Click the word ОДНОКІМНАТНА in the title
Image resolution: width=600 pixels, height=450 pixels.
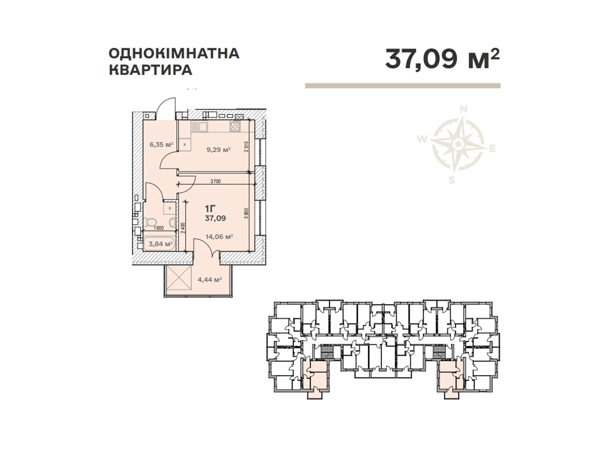click(x=174, y=53)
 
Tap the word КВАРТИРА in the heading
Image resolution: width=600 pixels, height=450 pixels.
click(x=150, y=70)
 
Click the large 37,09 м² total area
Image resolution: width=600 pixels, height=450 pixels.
click(x=442, y=59)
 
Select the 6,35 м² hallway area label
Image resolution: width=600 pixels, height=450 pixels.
click(x=161, y=144)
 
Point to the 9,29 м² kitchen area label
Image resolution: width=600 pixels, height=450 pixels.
click(x=218, y=150)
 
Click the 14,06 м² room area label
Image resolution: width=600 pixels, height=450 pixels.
click(x=219, y=237)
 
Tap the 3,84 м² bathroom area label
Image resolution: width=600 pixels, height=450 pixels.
click(x=160, y=244)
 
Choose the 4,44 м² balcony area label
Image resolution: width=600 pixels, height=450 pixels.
click(x=210, y=279)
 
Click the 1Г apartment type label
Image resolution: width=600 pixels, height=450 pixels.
click(x=210, y=208)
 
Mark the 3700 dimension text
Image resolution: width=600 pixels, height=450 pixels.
click(x=216, y=181)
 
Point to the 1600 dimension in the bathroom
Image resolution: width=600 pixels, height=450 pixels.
click(x=159, y=228)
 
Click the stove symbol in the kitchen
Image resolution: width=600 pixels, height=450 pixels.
click(x=235, y=126)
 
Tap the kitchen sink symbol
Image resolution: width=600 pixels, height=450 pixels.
click(x=200, y=126)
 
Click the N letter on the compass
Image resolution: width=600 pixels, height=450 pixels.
click(x=463, y=109)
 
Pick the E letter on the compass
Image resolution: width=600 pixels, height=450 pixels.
click(x=492, y=149)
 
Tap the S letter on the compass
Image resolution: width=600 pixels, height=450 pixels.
click(x=452, y=180)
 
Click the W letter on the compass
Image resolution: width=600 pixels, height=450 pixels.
click(x=422, y=139)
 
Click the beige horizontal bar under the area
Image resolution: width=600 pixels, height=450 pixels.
click(x=402, y=86)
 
